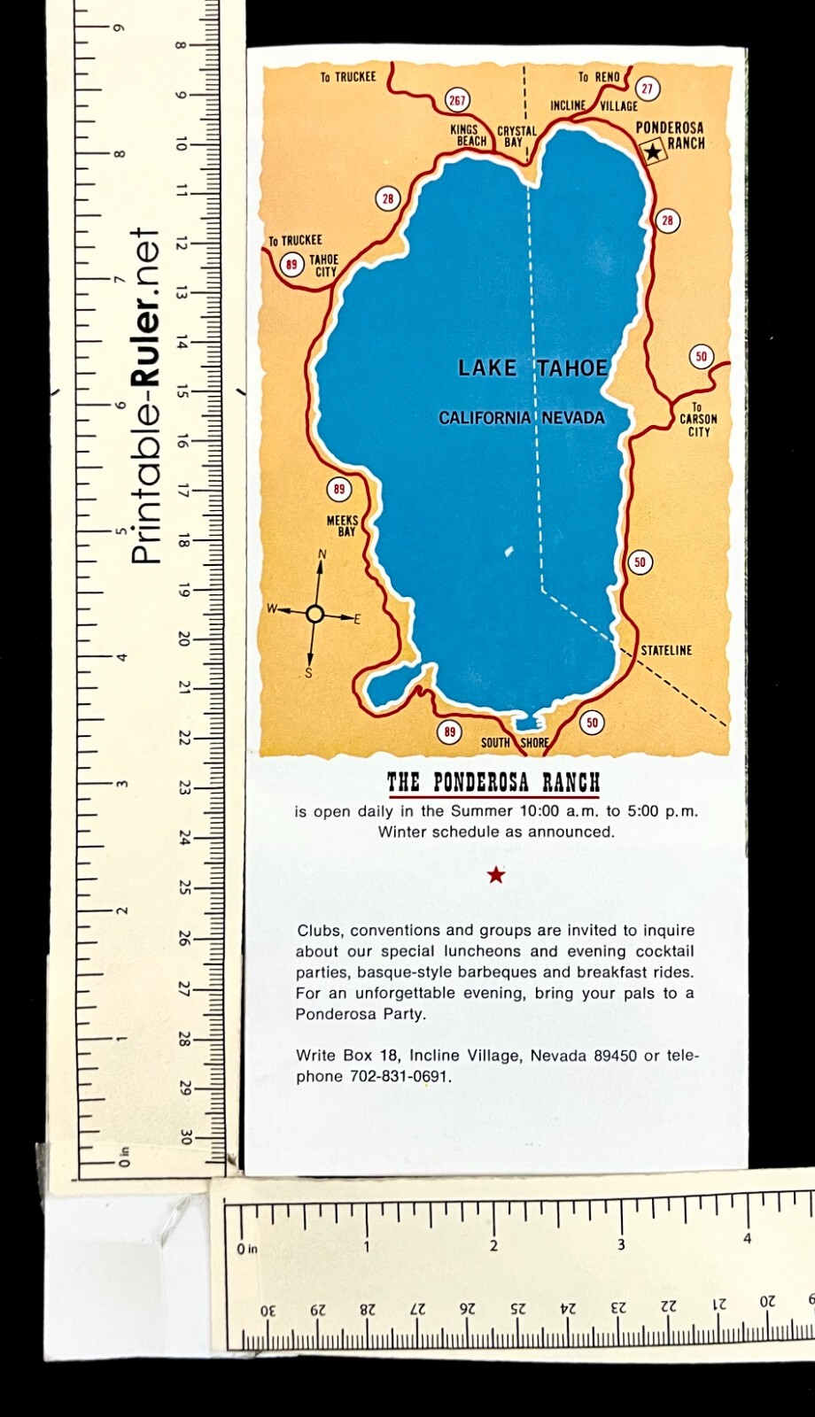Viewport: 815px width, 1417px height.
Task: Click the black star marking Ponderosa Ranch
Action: click(x=653, y=152)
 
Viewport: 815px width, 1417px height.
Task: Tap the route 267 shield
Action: click(x=456, y=100)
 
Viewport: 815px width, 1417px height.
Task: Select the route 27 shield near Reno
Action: click(x=648, y=89)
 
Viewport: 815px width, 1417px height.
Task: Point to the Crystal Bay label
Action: click(x=516, y=136)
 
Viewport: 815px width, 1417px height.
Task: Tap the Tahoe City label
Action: click(x=324, y=266)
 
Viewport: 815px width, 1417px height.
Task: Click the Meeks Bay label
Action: click(x=343, y=526)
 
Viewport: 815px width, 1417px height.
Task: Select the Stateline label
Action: click(x=666, y=650)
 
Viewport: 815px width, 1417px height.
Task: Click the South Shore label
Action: click(x=515, y=742)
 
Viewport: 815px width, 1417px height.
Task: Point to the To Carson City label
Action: click(x=698, y=420)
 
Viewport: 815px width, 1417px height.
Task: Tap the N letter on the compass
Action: click(x=322, y=555)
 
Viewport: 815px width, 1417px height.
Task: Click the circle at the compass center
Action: click(x=314, y=614)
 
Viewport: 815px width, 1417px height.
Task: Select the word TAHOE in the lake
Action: click(x=572, y=368)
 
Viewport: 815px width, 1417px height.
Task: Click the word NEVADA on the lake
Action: click(x=573, y=418)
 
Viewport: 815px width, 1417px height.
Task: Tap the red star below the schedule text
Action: click(x=496, y=875)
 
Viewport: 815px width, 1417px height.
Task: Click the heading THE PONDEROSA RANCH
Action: click(x=493, y=783)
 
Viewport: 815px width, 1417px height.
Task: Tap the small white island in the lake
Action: click(x=508, y=552)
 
